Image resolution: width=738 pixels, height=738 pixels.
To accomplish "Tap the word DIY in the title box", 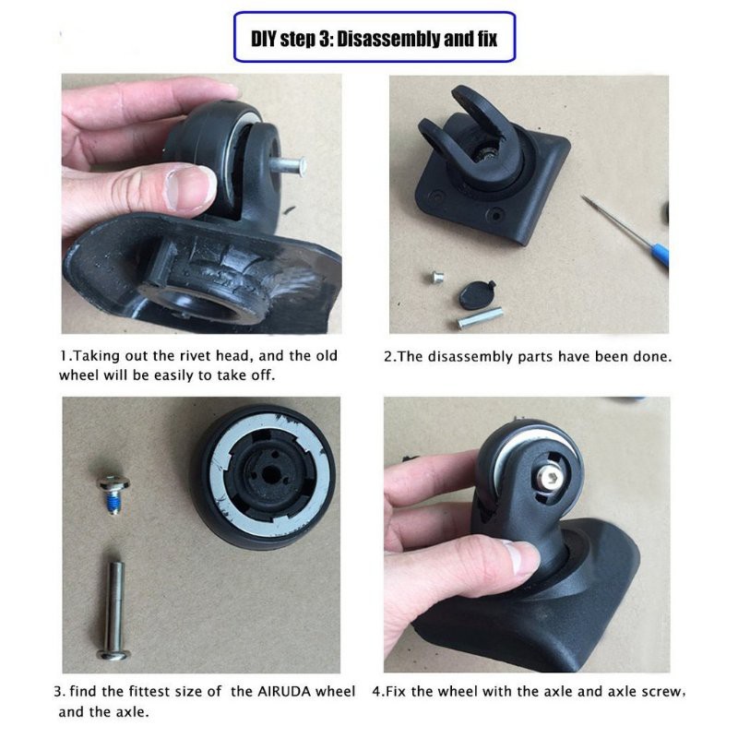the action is click(264, 38).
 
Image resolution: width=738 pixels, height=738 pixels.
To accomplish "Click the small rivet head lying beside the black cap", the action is click(437, 277).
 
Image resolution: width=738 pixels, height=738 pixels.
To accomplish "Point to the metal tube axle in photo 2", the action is click(480, 317).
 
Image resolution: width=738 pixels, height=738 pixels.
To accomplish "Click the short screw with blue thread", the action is click(113, 493).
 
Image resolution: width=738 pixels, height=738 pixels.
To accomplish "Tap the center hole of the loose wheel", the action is click(269, 474).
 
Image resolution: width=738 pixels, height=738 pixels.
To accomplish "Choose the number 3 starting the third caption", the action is click(58, 692).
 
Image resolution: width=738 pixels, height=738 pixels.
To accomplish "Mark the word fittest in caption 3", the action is click(148, 691).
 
